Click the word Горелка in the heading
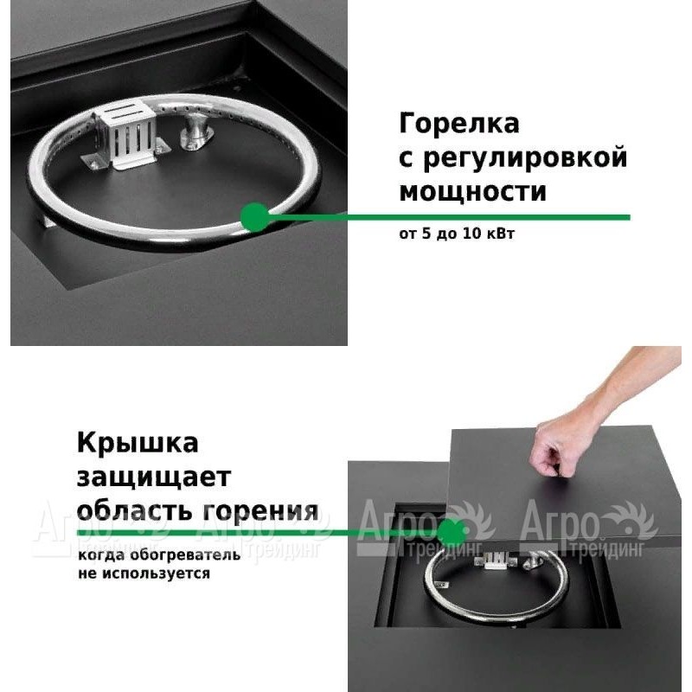coord(459,124)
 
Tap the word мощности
coord(472,192)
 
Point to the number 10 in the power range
coord(471,233)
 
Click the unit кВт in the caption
coord(500,233)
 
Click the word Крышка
coord(138,444)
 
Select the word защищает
coord(154,478)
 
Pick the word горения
coord(260,512)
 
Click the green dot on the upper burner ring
coord(255,217)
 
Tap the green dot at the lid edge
coord(452,533)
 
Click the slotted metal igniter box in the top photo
coord(125,135)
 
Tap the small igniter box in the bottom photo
coord(495,561)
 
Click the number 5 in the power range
coord(426,233)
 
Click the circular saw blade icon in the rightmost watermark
coord(631,522)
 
